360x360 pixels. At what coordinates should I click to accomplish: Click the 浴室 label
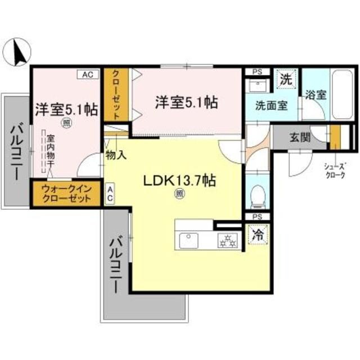(x=315, y=94)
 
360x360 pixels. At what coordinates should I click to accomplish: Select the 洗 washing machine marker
(x=286, y=79)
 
